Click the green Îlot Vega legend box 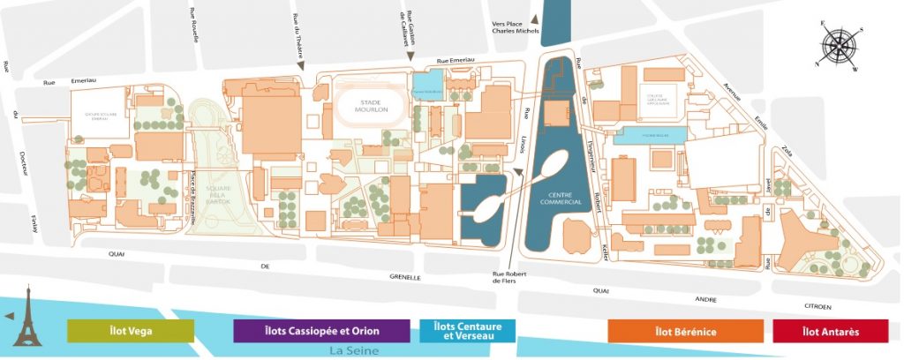(x=131, y=331)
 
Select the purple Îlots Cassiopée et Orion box (x=321, y=331)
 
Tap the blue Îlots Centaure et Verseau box (x=466, y=331)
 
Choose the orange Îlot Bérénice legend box (x=685, y=331)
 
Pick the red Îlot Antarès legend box (x=829, y=331)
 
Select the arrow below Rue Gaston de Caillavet (x=409, y=57)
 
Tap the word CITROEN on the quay (x=812, y=306)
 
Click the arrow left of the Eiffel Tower (x=8, y=316)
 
